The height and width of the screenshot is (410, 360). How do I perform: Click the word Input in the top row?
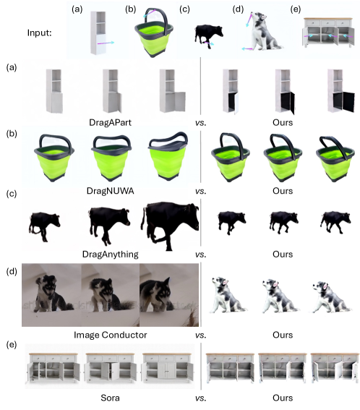[x=39, y=33]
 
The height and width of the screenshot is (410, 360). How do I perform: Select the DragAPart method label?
[x=110, y=122]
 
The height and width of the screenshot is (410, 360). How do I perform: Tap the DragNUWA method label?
[x=110, y=191]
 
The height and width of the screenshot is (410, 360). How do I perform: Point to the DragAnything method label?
[x=110, y=254]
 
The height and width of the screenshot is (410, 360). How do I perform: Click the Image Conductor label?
[x=110, y=335]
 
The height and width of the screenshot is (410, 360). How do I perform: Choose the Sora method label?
[x=110, y=398]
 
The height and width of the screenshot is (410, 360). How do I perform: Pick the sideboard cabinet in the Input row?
[x=328, y=33]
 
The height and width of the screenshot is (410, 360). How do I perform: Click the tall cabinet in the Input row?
[x=98, y=33]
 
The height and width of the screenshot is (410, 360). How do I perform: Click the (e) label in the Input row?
[x=296, y=9]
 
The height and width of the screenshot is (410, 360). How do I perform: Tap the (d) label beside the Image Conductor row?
[x=12, y=271]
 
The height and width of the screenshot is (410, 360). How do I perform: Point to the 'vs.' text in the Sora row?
[x=201, y=398]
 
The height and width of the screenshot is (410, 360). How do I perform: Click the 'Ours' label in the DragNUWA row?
[x=283, y=191]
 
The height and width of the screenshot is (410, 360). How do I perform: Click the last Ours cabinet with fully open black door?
[x=341, y=91]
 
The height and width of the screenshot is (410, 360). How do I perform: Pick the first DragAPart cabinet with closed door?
[x=54, y=91]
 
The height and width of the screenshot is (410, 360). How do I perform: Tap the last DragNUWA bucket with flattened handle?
[x=168, y=156]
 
